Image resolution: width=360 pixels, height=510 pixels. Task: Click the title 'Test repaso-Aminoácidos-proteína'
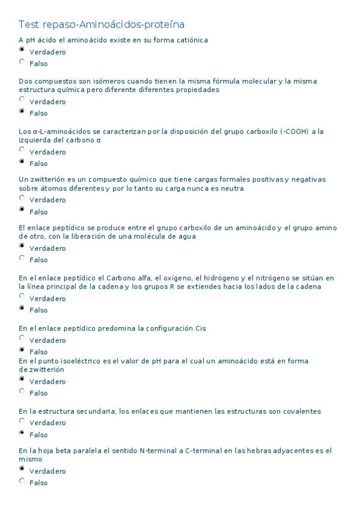tap(102, 25)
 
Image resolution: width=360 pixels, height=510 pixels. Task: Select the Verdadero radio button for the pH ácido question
tap(22, 51)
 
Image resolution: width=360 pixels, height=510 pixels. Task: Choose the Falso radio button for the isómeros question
tap(22, 111)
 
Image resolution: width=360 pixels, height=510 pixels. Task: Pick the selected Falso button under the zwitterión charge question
tap(22, 210)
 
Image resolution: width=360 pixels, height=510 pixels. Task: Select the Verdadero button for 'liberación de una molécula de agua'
tap(22, 246)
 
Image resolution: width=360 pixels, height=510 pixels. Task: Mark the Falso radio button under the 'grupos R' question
tap(22, 309)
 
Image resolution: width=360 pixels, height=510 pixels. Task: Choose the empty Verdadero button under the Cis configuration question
tap(22, 339)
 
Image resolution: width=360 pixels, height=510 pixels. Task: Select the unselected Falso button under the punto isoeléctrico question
tap(22, 392)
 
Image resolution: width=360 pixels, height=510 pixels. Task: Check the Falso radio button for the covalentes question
tap(22, 433)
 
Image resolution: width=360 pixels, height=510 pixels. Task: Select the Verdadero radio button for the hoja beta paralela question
tap(22, 470)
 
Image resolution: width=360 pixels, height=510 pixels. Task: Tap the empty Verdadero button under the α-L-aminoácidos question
tap(22, 150)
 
